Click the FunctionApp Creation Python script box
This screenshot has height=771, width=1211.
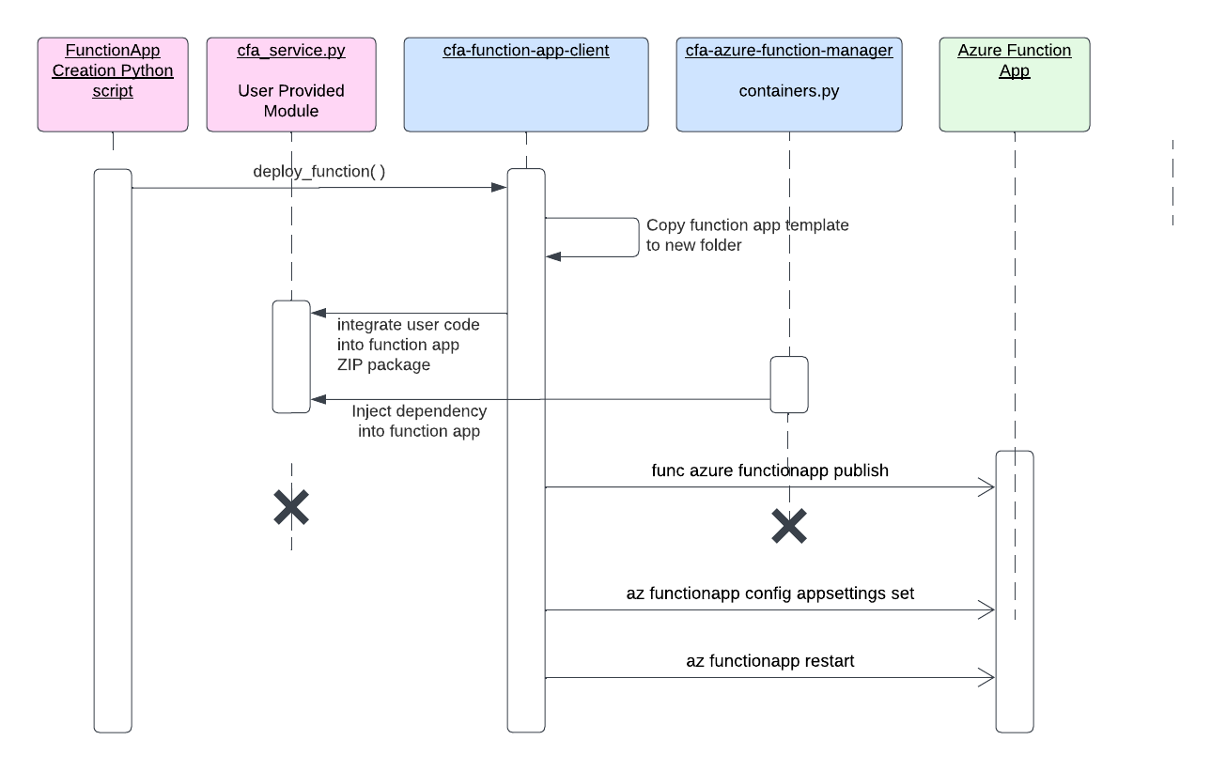click(x=113, y=85)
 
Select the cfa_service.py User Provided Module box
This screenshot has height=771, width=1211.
click(x=291, y=85)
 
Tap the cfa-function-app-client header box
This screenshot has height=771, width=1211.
click(x=526, y=85)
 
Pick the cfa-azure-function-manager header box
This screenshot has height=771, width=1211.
click(x=789, y=85)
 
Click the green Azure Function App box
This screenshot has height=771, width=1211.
click(x=1015, y=85)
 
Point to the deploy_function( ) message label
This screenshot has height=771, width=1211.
click(x=319, y=172)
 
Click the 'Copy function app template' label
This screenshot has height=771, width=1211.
click(x=747, y=225)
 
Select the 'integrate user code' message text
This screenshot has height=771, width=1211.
click(x=408, y=325)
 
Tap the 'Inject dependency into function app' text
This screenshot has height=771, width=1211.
click(x=419, y=422)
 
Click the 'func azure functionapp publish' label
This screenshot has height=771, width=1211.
click(x=769, y=470)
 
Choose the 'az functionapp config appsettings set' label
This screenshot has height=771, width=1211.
click(x=769, y=594)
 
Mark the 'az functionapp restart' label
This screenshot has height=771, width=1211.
click(x=769, y=661)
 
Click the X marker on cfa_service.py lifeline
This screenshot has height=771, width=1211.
click(x=291, y=507)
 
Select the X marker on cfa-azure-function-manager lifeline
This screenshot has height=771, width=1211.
click(x=789, y=526)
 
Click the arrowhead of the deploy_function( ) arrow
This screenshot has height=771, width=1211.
click(x=501, y=188)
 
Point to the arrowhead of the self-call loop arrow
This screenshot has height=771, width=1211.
click(x=552, y=255)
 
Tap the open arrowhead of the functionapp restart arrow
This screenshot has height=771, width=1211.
click(x=988, y=677)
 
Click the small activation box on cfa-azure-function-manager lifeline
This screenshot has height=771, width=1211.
click(x=789, y=385)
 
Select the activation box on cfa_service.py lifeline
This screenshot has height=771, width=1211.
click(x=291, y=357)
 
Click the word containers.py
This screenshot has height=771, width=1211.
click(x=789, y=91)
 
